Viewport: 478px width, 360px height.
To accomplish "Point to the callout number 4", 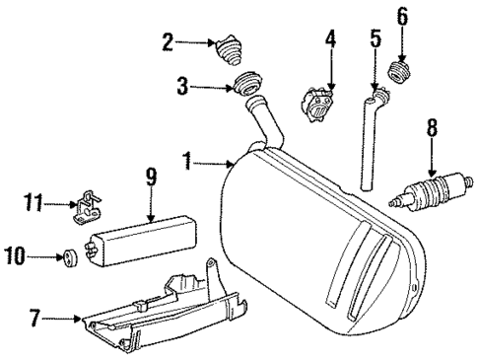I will [331, 41].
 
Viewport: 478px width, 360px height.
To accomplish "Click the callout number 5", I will [375, 41].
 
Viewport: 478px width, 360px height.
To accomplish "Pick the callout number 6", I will [401, 16].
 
